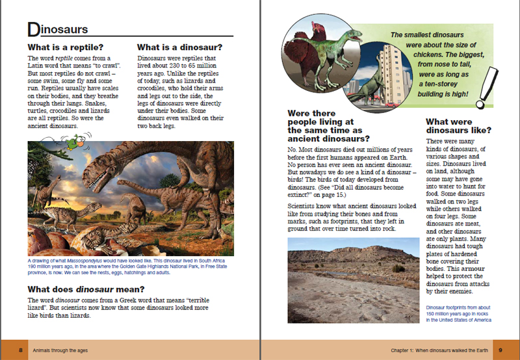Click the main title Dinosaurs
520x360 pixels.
coord(59,30)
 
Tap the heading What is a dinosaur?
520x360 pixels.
coord(179,47)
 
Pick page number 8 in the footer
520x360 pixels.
coord(21,350)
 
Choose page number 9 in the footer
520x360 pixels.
coord(500,350)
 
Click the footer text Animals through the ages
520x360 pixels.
coord(62,350)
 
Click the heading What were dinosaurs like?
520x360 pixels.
coord(458,125)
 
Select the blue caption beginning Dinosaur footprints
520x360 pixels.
coord(458,313)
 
